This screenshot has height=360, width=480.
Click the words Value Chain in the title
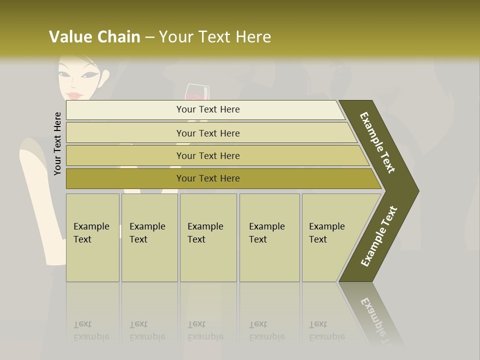94,36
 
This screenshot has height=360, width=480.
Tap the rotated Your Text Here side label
57,143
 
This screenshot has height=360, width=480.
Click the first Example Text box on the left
92,237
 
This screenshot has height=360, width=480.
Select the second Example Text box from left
149,237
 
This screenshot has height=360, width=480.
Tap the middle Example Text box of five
208,237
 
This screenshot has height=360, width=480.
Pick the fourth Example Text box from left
269,237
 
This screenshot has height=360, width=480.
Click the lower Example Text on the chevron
379,236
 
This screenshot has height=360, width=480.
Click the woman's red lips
74,95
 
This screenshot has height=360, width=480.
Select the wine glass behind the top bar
197,92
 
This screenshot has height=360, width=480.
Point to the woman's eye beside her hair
90,75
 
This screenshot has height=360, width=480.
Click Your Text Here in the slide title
215,36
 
